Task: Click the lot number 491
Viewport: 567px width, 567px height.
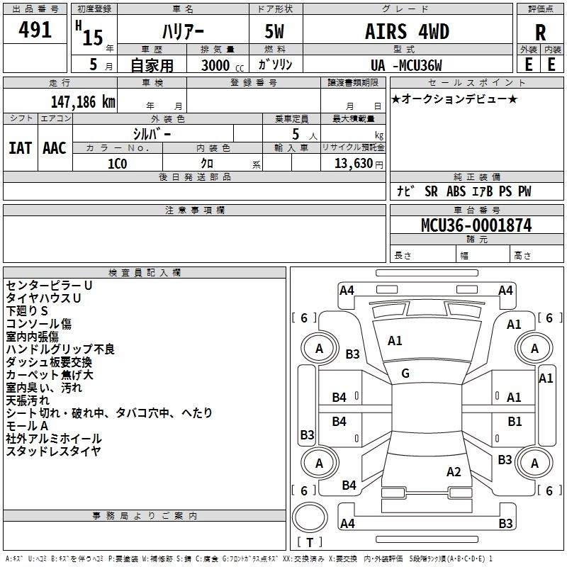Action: pyautogui.click(x=35, y=29)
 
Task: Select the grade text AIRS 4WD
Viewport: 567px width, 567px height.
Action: pyautogui.click(x=407, y=31)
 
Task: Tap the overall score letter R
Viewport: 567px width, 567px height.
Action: pyautogui.click(x=540, y=33)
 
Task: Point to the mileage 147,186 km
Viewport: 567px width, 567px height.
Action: pyautogui.click(x=83, y=101)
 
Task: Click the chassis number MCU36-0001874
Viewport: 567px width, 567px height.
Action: pyautogui.click(x=476, y=225)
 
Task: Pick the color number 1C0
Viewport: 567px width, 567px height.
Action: pyautogui.click(x=117, y=164)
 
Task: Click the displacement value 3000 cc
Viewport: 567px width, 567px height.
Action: pyautogui.click(x=223, y=65)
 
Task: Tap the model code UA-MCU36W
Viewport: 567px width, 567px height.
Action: pyautogui.click(x=406, y=65)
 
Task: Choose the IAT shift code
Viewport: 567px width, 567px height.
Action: pyautogui.click(x=21, y=148)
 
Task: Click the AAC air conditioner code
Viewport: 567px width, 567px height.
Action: pyautogui.click(x=55, y=148)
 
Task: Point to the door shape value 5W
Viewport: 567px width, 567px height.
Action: pyautogui.click(x=274, y=31)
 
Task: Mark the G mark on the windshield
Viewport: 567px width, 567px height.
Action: pyautogui.click(x=405, y=373)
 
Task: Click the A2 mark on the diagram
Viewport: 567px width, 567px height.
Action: pyautogui.click(x=454, y=471)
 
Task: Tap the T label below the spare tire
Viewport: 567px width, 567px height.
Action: pyautogui.click(x=310, y=542)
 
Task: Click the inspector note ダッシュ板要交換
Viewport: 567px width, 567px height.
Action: pyautogui.click(x=49, y=362)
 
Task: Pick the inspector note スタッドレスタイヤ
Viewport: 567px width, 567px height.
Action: pyautogui.click(x=54, y=451)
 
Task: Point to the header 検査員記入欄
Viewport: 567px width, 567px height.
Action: pyautogui.click(x=145, y=273)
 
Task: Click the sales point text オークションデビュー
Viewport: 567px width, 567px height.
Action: pyautogui.click(x=454, y=99)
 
